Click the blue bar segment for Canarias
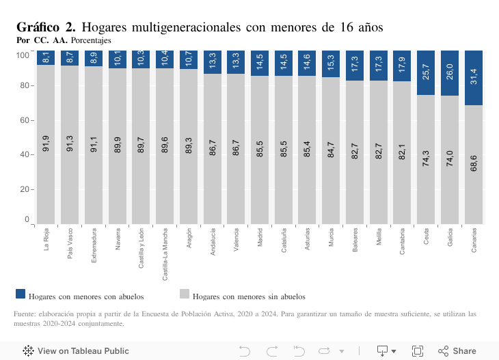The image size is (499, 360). coord(474,77)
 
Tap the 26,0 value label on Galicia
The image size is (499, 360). coord(450,72)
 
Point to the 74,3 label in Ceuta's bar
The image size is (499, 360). coord(426,165)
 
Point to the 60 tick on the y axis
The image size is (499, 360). coord(25,120)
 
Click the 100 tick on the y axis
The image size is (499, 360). coord(23,54)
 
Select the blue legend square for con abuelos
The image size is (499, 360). coord(20,294)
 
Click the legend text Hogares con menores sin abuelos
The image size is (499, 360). coord(249,296)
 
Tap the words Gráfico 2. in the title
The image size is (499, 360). coord(45,27)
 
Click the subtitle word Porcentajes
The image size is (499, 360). coord(91,40)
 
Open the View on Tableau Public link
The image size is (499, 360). coord(76,350)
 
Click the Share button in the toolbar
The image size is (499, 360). coord(457,350)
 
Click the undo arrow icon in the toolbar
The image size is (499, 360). coord(245,350)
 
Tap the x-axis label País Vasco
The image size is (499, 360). coord(70,245)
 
